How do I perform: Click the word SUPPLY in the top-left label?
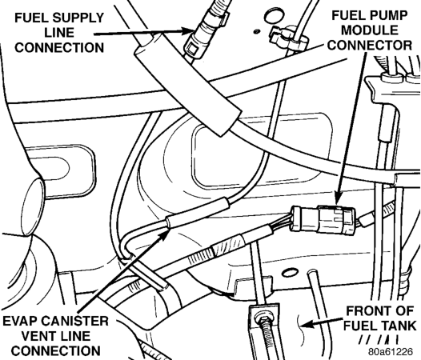coord(78,18)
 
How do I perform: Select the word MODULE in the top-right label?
coord(370,30)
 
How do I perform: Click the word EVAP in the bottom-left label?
coord(22,321)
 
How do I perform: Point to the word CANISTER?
coord(75,321)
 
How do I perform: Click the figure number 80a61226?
coord(391,351)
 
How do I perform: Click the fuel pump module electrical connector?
coord(323,218)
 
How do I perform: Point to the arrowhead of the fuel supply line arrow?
coord(189,30)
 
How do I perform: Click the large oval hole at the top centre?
coord(274,16)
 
